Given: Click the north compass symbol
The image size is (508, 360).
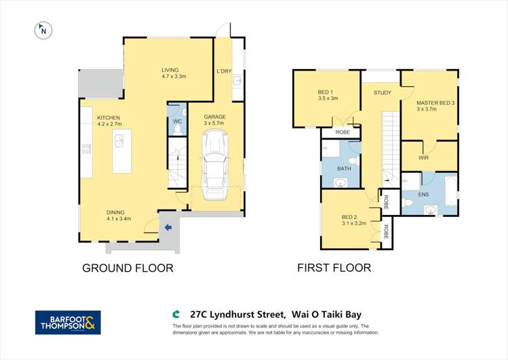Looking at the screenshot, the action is (x=43, y=31).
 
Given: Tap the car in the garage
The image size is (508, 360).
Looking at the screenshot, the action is (x=214, y=165).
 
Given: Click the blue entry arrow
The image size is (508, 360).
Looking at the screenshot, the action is (x=168, y=228).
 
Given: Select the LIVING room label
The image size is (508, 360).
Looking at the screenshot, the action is (x=174, y=73).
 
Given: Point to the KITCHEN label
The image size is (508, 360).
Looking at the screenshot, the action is (x=109, y=118).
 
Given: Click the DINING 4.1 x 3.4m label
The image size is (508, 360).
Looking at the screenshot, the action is (x=119, y=216).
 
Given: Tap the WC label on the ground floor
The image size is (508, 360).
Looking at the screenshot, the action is (x=177, y=121).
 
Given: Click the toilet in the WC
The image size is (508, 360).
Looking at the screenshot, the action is (x=177, y=129).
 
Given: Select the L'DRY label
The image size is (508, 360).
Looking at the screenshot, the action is (x=224, y=71).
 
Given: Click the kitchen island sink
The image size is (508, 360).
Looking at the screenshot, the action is (x=119, y=140).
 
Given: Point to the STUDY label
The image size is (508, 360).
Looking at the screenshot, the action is (x=383, y=93).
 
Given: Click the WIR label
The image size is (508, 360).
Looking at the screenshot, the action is (x=423, y=158).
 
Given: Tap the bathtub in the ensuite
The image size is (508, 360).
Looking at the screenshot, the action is (x=450, y=191).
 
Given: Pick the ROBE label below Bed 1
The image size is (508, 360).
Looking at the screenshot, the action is (x=343, y=132).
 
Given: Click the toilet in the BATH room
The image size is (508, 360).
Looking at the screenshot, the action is (x=355, y=161).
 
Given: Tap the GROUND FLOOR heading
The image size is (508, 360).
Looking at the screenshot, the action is (x=128, y=268).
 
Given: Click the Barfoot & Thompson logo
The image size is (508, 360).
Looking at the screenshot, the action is (x=68, y=323).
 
